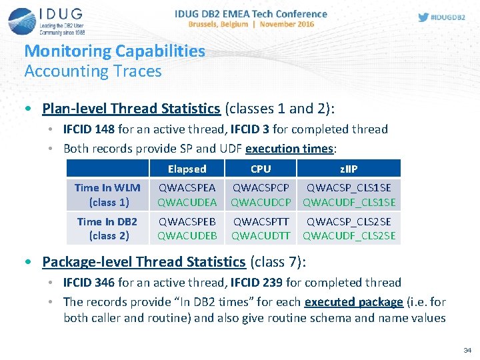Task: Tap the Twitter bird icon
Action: click(423, 18)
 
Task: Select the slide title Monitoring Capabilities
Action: click(114, 51)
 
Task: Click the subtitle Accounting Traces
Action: click(93, 71)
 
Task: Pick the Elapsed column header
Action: click(187, 169)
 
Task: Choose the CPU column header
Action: click(260, 169)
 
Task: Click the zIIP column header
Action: click(349, 169)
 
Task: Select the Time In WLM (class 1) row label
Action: click(107, 195)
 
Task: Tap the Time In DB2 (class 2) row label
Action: click(107, 229)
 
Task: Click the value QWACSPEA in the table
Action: click(187, 189)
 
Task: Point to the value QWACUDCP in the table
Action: click(261, 203)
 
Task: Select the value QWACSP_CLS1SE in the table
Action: click(349, 189)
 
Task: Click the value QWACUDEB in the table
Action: click(187, 236)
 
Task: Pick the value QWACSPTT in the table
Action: click(261, 222)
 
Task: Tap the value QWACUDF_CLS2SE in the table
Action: click(349, 236)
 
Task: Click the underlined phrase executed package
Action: click(353, 302)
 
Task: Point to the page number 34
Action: click(466, 350)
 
